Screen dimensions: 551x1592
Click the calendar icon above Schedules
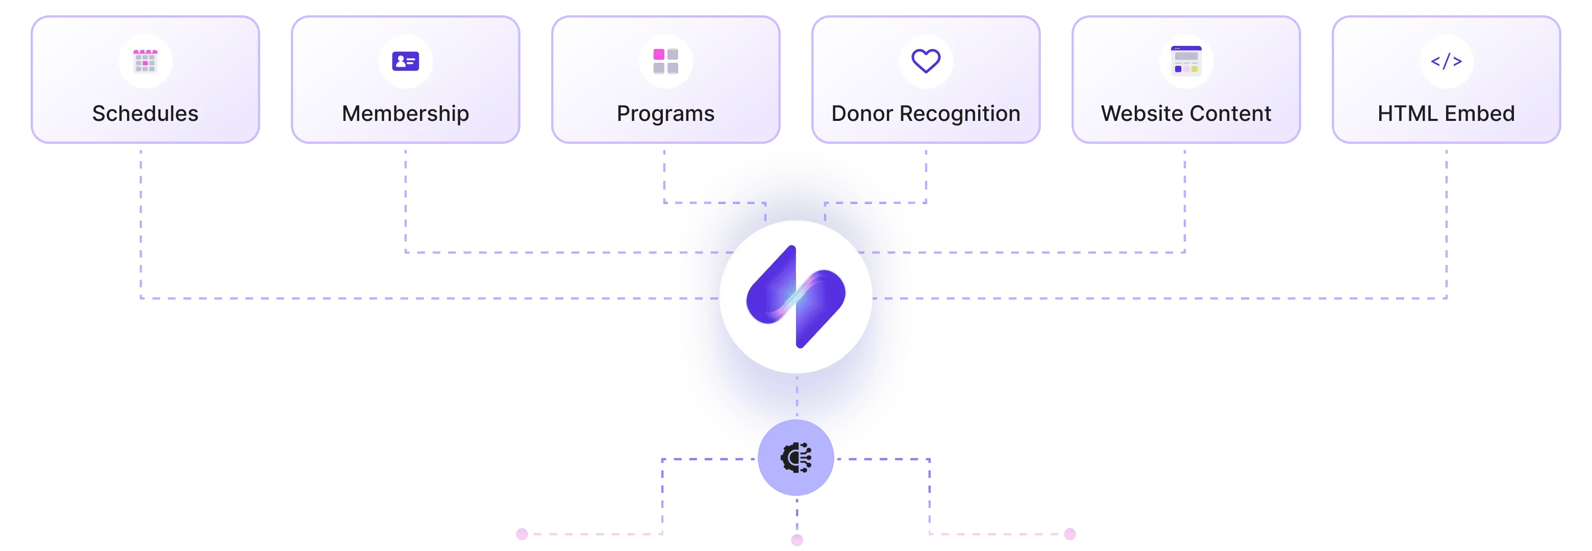click(x=145, y=61)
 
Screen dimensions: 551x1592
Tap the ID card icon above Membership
click(x=406, y=61)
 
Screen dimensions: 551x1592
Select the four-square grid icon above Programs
click(x=665, y=61)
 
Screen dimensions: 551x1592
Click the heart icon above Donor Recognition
click(x=926, y=61)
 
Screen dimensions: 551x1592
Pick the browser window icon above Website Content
click(x=1186, y=61)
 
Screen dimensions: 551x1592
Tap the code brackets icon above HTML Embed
click(x=1446, y=61)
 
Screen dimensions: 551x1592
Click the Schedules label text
click(x=145, y=114)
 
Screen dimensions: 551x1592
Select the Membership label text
click(x=406, y=114)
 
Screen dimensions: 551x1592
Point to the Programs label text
click(x=665, y=114)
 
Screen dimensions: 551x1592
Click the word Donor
click(x=862, y=114)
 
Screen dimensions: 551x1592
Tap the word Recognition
click(x=960, y=114)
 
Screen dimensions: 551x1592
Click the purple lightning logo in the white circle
click(x=796, y=297)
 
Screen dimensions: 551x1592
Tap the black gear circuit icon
click(x=796, y=458)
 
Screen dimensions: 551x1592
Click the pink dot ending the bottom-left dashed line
click(x=522, y=534)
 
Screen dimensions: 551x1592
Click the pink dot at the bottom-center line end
click(x=796, y=540)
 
